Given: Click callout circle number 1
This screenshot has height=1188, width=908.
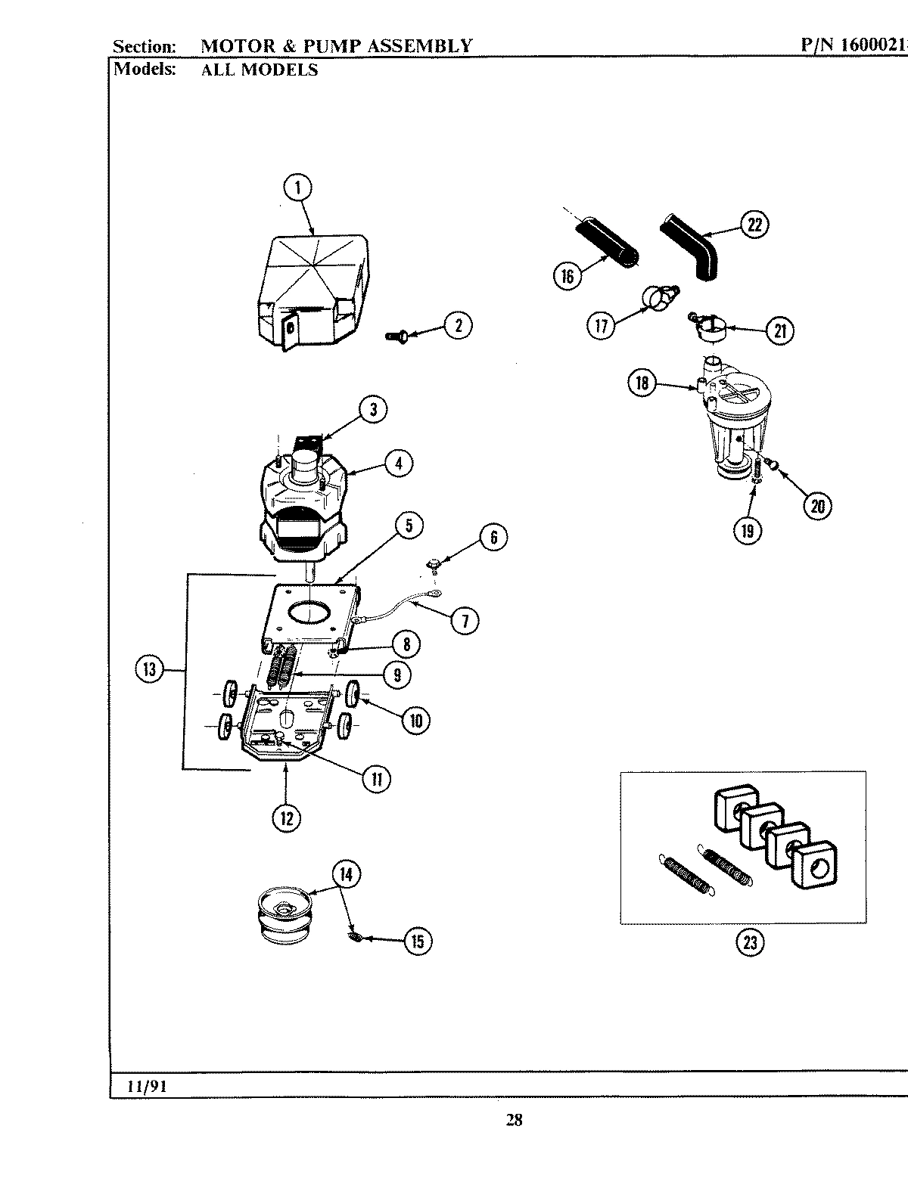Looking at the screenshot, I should point(298,187).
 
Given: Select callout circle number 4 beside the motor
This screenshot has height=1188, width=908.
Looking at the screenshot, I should point(399,462).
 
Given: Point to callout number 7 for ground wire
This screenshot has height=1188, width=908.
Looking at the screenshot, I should point(465,621).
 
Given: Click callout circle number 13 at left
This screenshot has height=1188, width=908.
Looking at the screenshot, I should point(149,668).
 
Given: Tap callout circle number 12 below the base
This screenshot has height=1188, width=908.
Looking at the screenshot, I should point(287,817).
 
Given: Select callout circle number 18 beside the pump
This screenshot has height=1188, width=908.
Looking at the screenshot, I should point(642,383).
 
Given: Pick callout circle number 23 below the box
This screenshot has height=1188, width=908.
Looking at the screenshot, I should point(749,943).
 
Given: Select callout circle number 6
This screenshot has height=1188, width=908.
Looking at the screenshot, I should point(493,537).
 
